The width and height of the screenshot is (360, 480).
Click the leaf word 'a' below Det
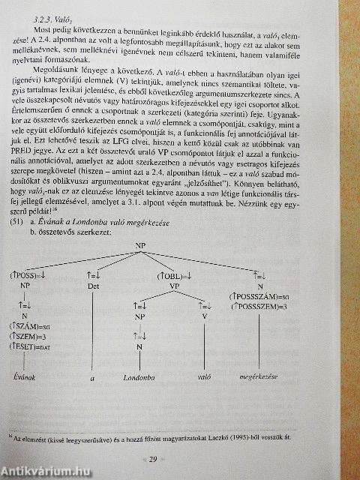coord(92,379)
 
